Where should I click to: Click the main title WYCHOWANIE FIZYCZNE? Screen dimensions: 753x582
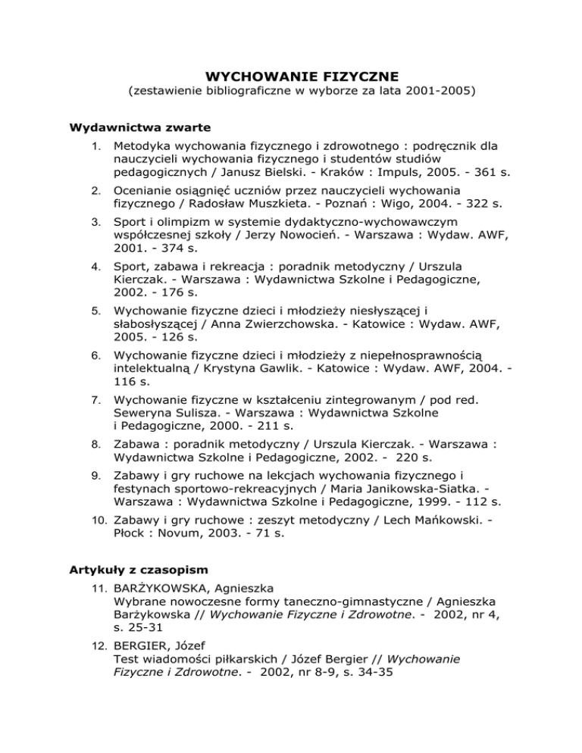pyautogui.click(x=291, y=77)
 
